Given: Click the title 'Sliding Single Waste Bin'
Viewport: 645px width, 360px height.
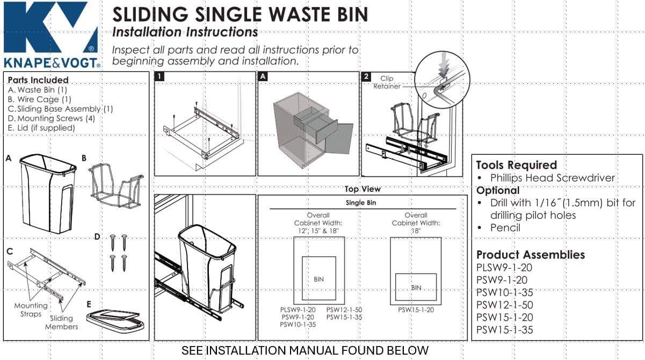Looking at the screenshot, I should (241, 15).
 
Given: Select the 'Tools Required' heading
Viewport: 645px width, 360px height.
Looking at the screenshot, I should (516, 165).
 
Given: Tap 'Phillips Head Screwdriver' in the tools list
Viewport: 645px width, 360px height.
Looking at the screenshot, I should (552, 178).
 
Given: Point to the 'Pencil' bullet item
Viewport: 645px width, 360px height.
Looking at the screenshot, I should (505, 227).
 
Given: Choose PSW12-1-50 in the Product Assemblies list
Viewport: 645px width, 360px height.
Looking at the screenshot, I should (504, 305).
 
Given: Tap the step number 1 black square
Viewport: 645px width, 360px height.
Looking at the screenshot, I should (160, 77).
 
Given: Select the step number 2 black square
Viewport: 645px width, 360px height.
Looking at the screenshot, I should (366, 77).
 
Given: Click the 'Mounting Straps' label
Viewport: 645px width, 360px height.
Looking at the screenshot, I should (31, 309).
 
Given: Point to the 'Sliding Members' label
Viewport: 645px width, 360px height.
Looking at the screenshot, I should (61, 322).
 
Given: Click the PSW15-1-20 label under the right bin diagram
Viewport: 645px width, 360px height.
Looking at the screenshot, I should (416, 310).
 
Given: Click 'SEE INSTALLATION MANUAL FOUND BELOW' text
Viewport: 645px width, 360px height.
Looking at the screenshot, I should (305, 351).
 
